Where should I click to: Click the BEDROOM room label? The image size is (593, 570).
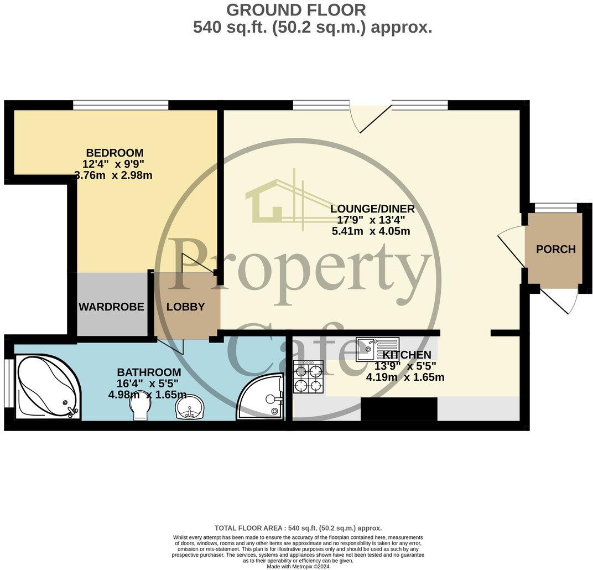coord(115,153)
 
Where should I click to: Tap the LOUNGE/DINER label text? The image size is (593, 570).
coord(372,209)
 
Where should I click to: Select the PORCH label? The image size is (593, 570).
coord(555,249)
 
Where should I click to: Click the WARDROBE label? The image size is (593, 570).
coord(111,307)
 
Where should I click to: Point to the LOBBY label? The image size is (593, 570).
coord(186,307)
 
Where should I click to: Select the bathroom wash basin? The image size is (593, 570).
coord(189,408)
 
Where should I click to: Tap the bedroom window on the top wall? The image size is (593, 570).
coord(121,105)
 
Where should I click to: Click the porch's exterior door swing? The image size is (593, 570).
coord(563,301)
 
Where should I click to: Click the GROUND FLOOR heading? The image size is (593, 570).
coord(296,10)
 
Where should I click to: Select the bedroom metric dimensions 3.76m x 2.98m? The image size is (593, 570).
coord(113,176)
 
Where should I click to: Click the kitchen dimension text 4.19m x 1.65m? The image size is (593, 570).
coord(405,378)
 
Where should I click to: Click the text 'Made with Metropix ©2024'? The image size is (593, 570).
coord(298,566)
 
